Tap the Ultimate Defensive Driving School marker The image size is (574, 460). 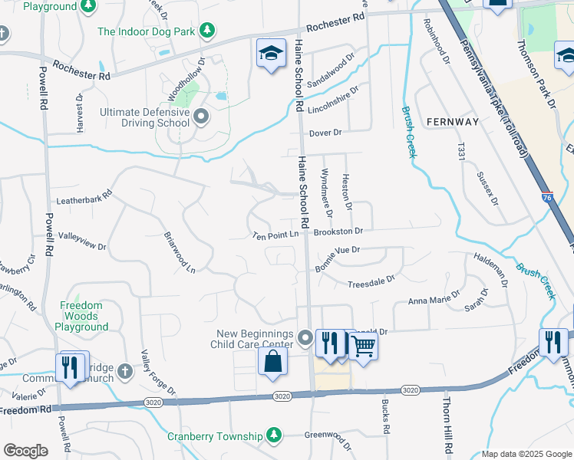(201, 117)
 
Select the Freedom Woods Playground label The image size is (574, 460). (81, 316)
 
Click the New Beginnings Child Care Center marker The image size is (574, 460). (305, 338)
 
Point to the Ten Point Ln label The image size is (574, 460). (275, 234)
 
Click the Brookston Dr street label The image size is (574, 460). (338, 231)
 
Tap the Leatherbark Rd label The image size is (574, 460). (84, 201)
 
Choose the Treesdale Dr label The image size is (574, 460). (371, 283)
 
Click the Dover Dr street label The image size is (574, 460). (325, 133)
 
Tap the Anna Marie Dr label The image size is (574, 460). (434, 297)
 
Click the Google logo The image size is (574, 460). (25, 451)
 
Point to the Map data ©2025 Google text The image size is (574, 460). (526, 454)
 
